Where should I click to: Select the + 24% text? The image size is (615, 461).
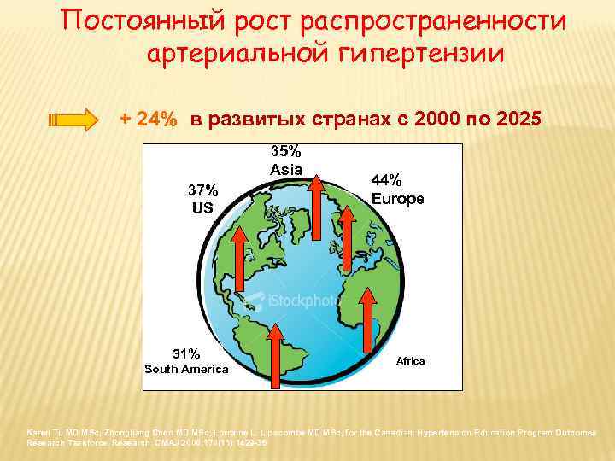pyautogui.click(x=149, y=120)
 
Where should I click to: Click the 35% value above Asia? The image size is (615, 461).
pyautogui.click(x=286, y=152)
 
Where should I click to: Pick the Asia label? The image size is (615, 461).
pyautogui.click(x=286, y=169)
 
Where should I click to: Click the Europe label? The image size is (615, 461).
pyautogui.click(x=397, y=199)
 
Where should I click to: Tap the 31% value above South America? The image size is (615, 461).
pyautogui.click(x=186, y=353)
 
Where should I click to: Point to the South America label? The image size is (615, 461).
pyautogui.click(x=186, y=369)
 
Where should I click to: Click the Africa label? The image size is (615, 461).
pyautogui.click(x=411, y=361)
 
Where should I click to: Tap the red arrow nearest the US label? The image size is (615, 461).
pyautogui.click(x=240, y=256)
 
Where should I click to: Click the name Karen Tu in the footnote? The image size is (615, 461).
pyautogui.click(x=44, y=433)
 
